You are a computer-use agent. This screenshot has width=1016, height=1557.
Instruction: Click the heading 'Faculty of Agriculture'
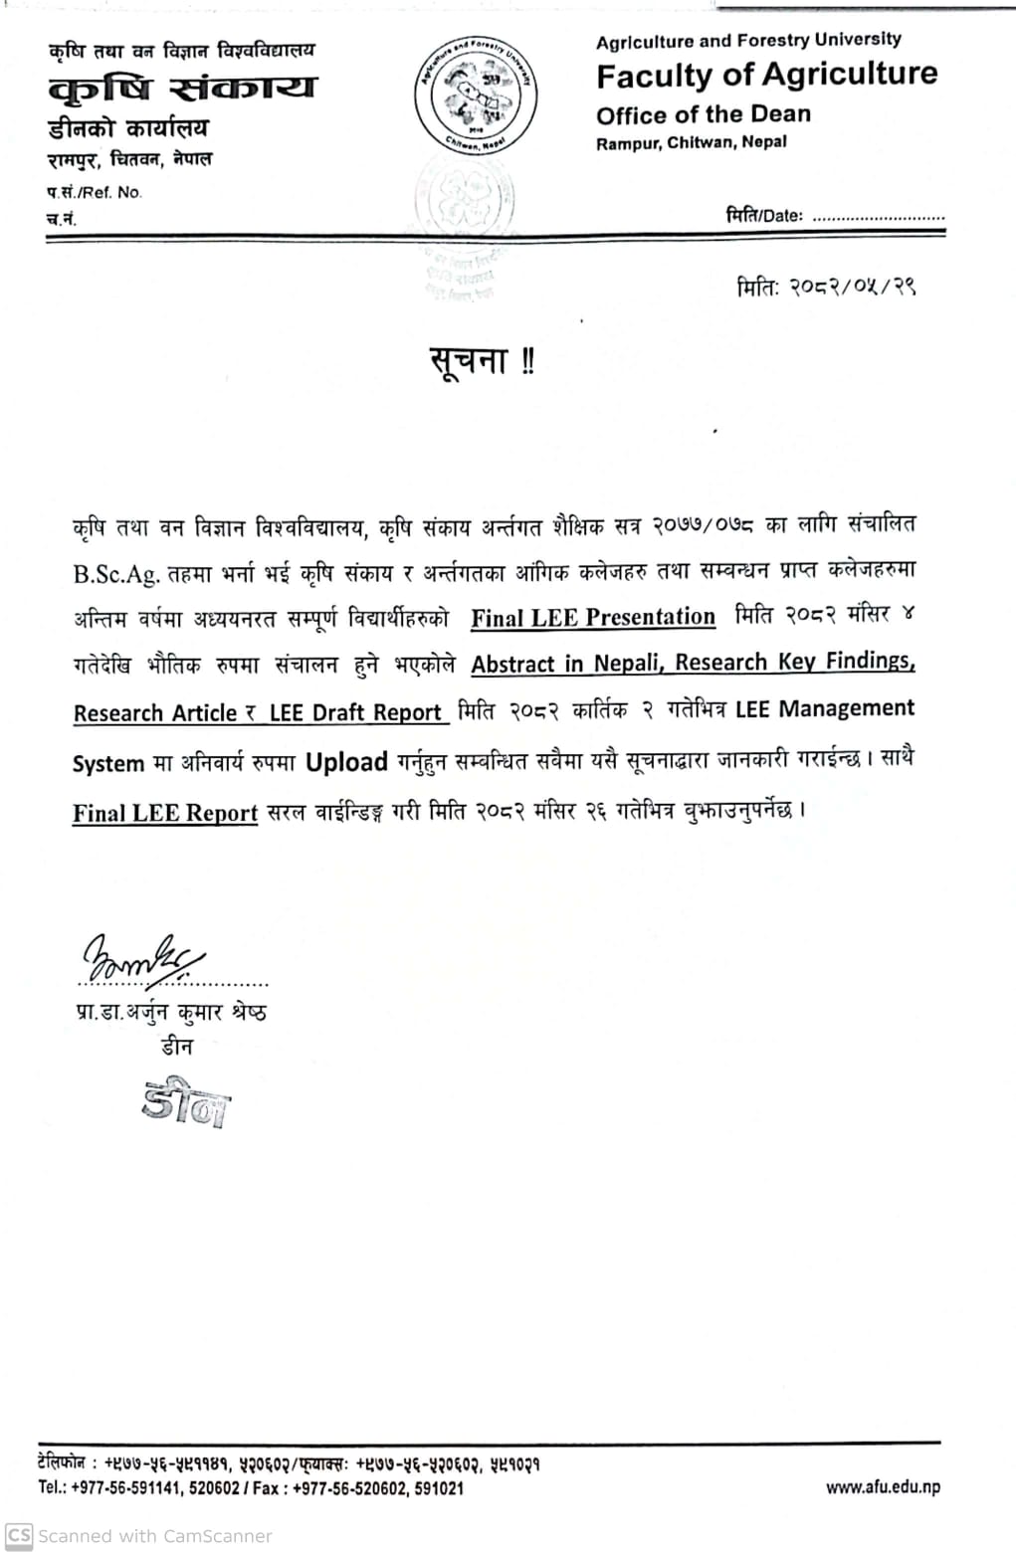[x=766, y=75]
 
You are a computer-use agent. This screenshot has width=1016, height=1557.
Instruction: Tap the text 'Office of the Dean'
[x=703, y=114]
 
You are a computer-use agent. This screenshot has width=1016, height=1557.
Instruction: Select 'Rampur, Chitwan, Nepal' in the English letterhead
[x=691, y=142]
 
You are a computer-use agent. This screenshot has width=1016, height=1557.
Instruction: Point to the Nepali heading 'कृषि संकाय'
[x=182, y=89]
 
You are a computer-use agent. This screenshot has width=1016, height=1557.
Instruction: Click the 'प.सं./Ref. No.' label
[x=95, y=192]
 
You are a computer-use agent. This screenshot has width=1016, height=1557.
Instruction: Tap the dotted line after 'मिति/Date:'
[x=878, y=216]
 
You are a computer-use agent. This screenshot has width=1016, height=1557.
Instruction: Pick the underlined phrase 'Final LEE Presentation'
[x=592, y=617]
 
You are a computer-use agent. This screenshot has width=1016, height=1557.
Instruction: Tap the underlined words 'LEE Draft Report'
[x=355, y=713]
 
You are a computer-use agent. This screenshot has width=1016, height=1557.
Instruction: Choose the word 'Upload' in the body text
[x=346, y=763]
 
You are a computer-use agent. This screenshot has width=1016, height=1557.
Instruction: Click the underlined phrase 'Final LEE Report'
[x=165, y=813]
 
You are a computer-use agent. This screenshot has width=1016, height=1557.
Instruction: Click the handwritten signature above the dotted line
[x=141, y=959]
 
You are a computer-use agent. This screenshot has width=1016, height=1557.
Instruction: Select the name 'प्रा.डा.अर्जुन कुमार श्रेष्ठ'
[x=171, y=1013]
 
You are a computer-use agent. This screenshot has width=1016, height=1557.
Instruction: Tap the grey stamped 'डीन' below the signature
[x=185, y=1102]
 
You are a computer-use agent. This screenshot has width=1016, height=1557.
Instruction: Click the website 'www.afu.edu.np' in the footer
[x=882, y=1487]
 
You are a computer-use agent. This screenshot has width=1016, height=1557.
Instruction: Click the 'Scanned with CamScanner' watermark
[x=139, y=1535]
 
